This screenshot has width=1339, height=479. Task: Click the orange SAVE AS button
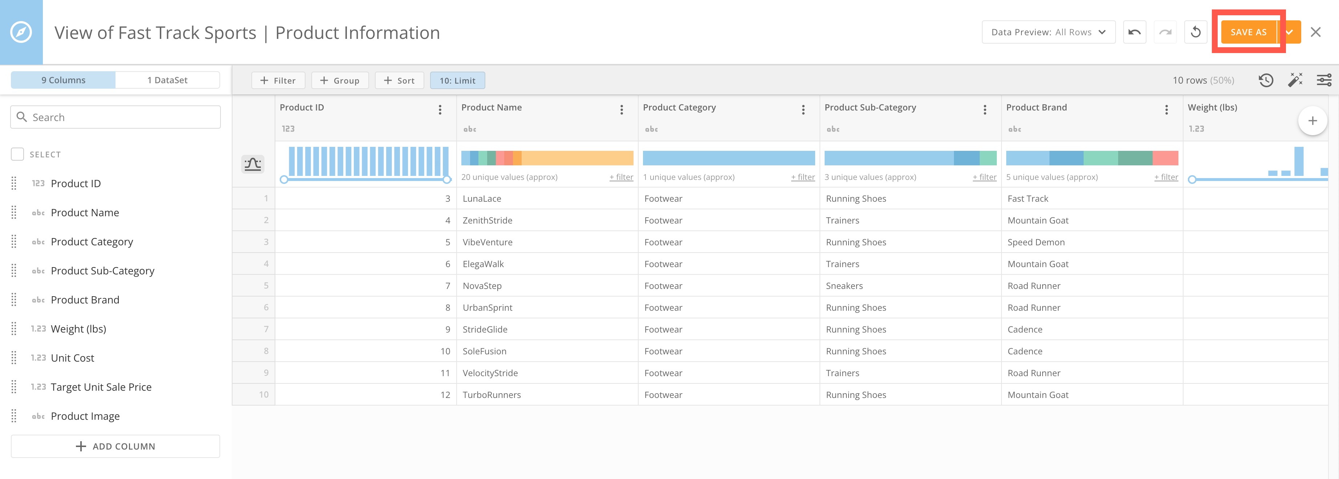(1248, 32)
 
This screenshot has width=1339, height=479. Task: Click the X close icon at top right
(1316, 32)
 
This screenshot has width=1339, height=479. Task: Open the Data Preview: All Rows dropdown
(1048, 32)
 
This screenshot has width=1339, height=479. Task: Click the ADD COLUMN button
(116, 446)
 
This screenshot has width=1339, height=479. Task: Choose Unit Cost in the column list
(72, 358)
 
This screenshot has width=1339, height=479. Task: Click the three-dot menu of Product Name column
(621, 110)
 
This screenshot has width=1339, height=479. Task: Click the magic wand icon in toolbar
(1295, 80)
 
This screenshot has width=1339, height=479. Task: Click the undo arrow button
(1134, 32)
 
